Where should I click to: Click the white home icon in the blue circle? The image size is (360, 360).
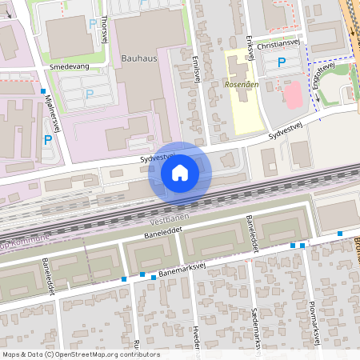tap(180, 172)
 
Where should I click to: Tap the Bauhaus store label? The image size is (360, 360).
tap(139, 58)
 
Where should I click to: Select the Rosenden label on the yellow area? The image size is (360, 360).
tap(240, 83)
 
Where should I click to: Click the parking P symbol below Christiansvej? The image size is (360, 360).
tap(281, 62)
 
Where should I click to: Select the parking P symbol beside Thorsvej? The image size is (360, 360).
tap(93, 25)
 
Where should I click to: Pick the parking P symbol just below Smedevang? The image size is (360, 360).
tap(89, 94)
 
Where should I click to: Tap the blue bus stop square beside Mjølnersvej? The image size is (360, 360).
tap(43, 92)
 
